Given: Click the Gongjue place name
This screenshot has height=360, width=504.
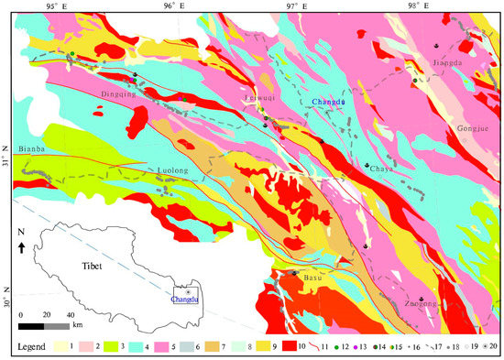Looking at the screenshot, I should pyautogui.click(x=474, y=129).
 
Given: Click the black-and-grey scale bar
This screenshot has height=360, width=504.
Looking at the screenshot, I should pyautogui.click(x=44, y=325).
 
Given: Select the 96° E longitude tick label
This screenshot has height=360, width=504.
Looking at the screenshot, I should pyautogui.click(x=172, y=6).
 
